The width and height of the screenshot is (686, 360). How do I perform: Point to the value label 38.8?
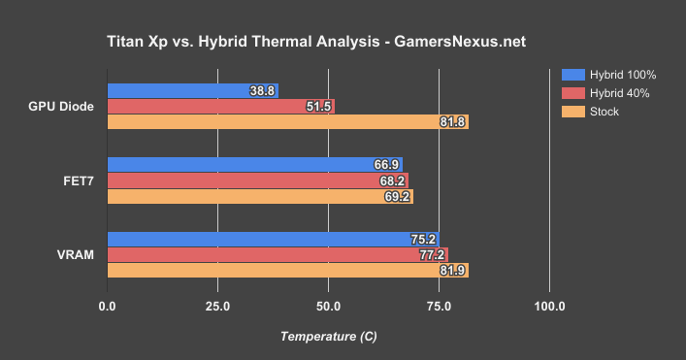(x=263, y=90)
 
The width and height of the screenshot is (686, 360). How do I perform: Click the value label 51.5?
(x=319, y=106)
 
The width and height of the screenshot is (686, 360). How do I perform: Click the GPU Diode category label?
(x=61, y=106)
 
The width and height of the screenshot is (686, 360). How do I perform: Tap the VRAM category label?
(x=76, y=255)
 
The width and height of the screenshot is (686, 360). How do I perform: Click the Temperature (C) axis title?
(x=328, y=336)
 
